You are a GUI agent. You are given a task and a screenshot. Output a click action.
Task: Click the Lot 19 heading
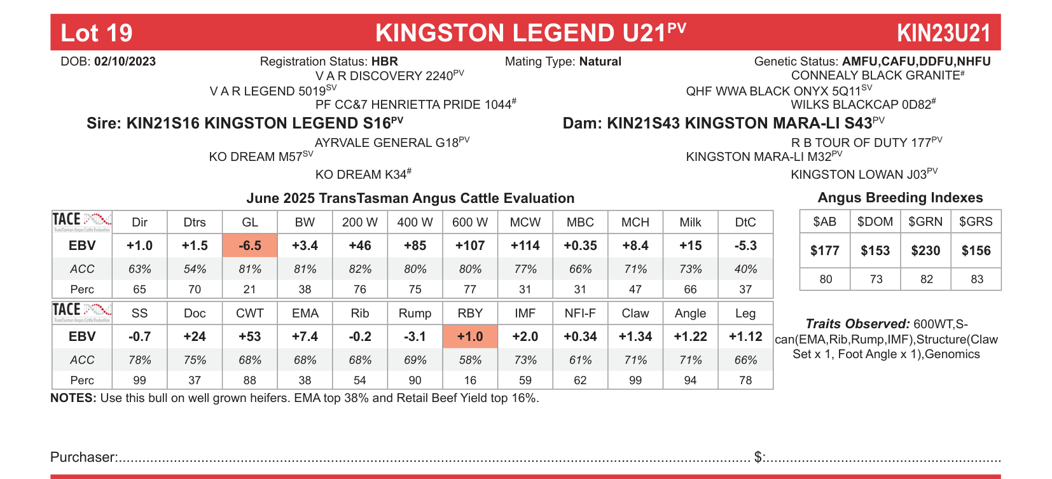tap(97, 33)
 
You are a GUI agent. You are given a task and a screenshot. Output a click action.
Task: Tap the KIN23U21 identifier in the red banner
tap(944, 33)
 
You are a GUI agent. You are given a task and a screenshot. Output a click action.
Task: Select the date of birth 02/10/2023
tap(125, 62)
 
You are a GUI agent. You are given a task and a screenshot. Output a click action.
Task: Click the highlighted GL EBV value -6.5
tap(250, 246)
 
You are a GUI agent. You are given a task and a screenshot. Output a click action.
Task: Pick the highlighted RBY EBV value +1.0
tap(470, 337)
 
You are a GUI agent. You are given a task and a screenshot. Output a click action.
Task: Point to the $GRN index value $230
tap(925, 251)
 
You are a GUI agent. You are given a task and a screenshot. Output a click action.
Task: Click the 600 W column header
tap(470, 222)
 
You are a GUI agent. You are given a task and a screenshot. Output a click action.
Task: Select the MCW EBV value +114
tap(525, 246)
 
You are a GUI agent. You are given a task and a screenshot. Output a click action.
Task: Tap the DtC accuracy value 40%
tap(745, 269)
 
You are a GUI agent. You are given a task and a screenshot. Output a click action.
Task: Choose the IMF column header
tap(525, 313)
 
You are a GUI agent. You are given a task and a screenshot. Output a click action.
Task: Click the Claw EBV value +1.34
tap(635, 337)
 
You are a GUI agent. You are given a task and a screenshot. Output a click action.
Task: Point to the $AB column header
tap(825, 221)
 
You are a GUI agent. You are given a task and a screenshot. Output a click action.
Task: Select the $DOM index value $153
tap(875, 251)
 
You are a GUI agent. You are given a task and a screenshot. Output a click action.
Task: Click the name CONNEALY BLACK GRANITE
tap(875, 76)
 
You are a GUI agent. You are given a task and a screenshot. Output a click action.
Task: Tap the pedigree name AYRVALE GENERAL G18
tap(387, 143)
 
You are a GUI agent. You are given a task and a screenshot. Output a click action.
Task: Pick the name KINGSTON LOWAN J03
tap(859, 174)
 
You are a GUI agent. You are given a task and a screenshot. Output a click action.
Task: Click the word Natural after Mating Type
tap(600, 62)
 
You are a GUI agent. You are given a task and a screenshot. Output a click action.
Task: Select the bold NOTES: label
tap(73, 398)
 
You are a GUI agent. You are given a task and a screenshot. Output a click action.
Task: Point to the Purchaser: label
tap(83, 457)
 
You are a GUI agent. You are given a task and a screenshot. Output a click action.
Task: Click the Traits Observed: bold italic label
tap(857, 324)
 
